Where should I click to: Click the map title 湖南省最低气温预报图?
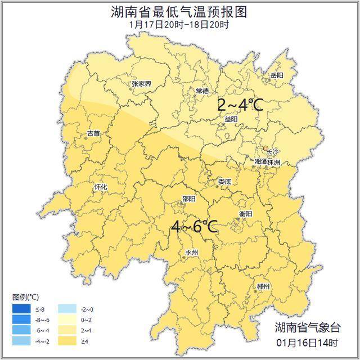point(179,12)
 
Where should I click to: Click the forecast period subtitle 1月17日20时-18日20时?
point(179,25)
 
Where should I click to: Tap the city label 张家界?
point(141,84)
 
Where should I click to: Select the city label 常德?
point(202,91)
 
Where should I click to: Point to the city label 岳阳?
point(277,75)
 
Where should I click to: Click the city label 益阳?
point(231,119)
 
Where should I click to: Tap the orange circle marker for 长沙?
point(266,148)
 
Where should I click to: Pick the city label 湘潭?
point(261,161)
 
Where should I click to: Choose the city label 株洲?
point(274,161)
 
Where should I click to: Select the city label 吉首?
point(93,133)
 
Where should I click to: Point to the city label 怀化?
point(100,187)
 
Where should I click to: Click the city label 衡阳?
point(245,214)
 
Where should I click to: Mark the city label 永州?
point(191,253)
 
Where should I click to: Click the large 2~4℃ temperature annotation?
point(240,105)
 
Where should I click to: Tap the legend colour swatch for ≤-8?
point(22,309)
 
